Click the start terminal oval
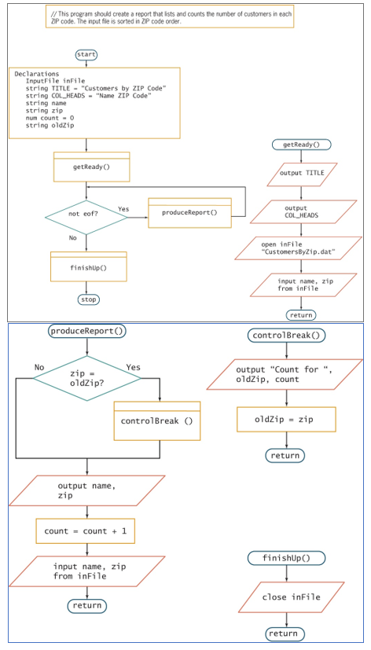86,54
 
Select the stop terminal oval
88,299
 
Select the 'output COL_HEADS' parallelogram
302,211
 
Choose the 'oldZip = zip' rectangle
285,419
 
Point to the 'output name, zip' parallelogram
86,490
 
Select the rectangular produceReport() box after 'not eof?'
189,213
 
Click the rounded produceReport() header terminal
86,331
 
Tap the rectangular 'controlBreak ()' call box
158,421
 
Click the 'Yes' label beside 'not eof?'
123,208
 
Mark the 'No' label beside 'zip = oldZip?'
39,367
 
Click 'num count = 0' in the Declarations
50,117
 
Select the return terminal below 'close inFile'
284,633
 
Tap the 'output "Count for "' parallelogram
285,375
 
